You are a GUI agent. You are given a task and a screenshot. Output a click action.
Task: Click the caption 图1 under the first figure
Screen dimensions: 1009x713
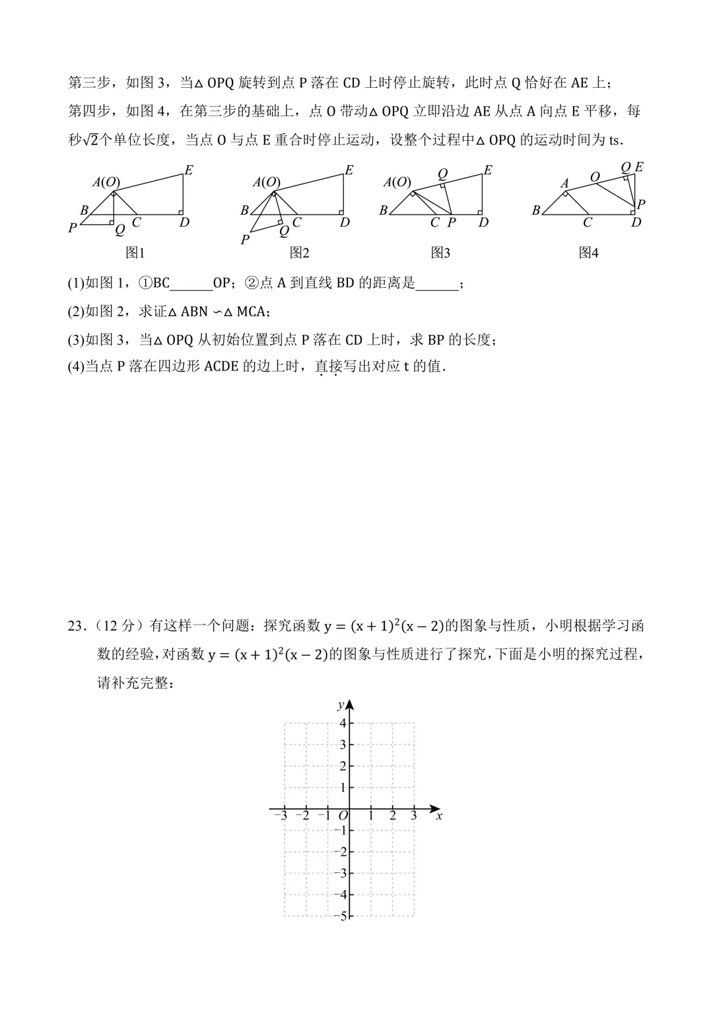coord(135,253)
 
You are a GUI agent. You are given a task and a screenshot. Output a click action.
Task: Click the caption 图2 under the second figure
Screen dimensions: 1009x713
coord(299,253)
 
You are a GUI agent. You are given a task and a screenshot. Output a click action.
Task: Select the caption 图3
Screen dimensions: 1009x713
coord(440,253)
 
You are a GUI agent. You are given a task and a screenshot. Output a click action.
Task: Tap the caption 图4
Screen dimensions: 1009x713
coord(588,253)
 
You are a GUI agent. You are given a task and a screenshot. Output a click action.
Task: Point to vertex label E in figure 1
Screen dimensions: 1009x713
coord(188,170)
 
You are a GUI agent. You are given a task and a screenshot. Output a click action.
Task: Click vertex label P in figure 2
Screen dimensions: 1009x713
coord(245,240)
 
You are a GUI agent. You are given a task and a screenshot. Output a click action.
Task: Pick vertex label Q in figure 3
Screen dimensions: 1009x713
coord(442,174)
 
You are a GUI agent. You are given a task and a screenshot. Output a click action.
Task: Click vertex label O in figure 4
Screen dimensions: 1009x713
coord(595,177)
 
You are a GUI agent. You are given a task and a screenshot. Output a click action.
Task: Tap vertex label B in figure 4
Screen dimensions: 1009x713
coord(536,211)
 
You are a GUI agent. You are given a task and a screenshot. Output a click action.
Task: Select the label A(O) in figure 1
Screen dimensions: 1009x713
coord(106,182)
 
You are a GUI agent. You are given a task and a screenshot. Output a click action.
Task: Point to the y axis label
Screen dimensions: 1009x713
coord(341,705)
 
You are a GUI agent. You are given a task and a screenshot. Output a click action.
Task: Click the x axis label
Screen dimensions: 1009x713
coord(439,816)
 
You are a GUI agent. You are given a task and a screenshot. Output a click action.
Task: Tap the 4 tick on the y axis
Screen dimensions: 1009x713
coord(343,723)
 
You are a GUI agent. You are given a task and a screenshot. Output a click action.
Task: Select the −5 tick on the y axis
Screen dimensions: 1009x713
coord(341,916)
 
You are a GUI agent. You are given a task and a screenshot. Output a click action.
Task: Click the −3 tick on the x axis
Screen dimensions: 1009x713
coord(281,816)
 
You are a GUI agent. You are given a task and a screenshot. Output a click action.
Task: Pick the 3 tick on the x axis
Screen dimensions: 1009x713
coord(414,816)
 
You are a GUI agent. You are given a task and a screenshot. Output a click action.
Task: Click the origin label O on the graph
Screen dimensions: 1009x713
coord(342,816)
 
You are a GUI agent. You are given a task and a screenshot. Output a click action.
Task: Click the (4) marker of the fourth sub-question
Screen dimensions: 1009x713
coord(76,367)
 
